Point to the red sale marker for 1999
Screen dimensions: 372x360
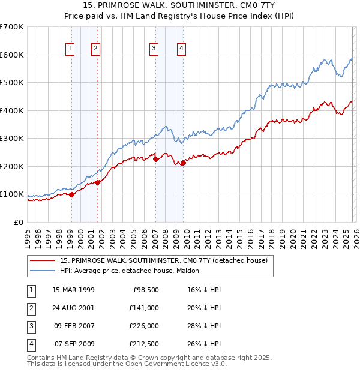coord(71,194)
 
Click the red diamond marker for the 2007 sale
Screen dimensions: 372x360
coord(155,159)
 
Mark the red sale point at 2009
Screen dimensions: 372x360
coord(183,163)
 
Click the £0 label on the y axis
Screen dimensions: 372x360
coord(18,222)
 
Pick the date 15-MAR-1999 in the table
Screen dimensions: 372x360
coord(73,290)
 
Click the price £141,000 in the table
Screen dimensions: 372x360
coord(145,308)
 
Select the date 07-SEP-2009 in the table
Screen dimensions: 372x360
coord(73,344)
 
